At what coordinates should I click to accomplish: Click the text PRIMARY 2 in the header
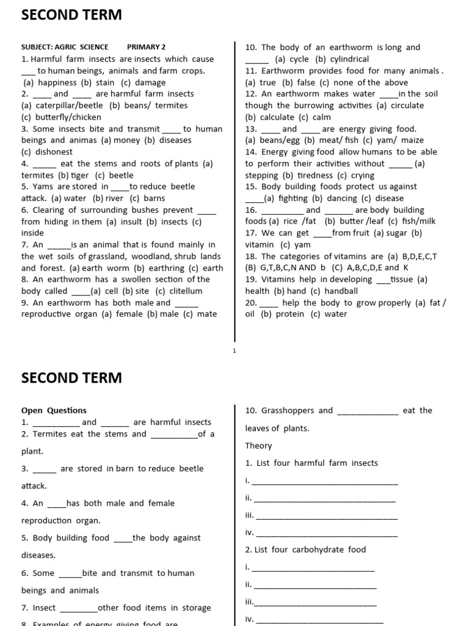(146, 47)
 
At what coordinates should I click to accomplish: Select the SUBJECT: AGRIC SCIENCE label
(65, 47)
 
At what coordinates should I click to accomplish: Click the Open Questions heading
(54, 411)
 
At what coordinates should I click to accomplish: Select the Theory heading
(258, 446)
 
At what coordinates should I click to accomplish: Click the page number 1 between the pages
(234, 350)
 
